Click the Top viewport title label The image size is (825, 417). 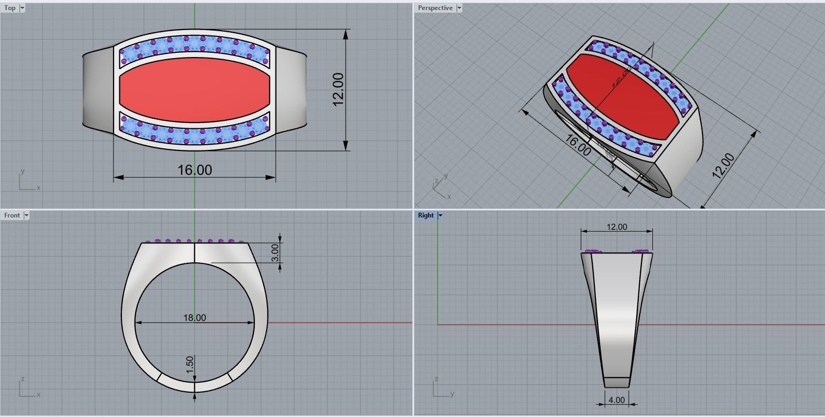click(10, 8)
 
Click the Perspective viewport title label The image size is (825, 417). click(435, 8)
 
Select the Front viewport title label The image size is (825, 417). click(12, 215)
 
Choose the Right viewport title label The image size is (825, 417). click(425, 215)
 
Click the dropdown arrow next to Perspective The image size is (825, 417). click(459, 8)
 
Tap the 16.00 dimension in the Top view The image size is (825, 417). click(194, 170)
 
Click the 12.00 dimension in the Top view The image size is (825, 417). click(338, 89)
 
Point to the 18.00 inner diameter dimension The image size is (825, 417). click(194, 318)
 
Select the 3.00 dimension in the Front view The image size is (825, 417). click(275, 252)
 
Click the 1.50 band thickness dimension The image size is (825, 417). click(190, 365)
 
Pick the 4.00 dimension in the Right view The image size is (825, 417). click(616, 400)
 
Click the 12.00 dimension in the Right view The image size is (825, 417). click(617, 227)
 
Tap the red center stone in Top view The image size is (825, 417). click(194, 90)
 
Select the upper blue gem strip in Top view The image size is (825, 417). click(194, 46)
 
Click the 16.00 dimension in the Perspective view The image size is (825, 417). click(578, 145)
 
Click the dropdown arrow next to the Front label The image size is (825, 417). click(26, 215)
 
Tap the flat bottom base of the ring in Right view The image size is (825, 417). click(617, 382)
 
